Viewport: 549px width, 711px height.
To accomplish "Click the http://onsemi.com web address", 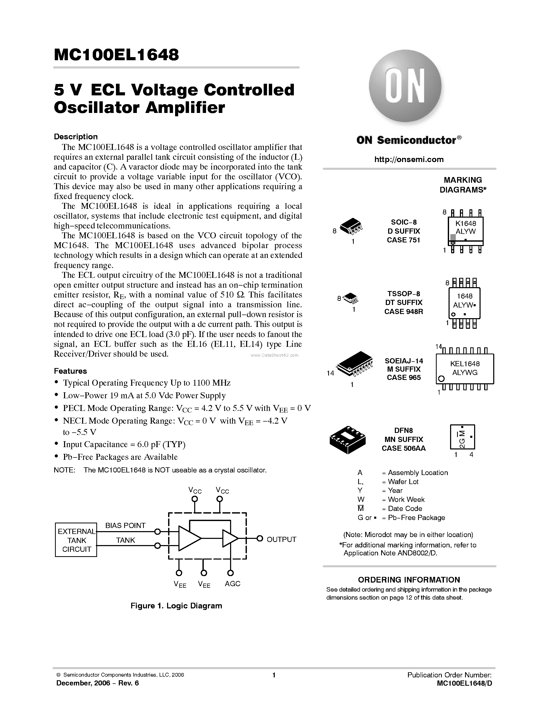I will tap(409, 159).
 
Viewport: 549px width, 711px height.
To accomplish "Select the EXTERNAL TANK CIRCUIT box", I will tap(76, 540).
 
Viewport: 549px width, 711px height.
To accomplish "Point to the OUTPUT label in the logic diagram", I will tap(281, 539).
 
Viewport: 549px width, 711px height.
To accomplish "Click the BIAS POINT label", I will tap(125, 525).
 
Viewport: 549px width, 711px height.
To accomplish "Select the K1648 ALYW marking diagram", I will tap(465, 231).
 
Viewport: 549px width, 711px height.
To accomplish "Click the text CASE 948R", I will tap(404, 311).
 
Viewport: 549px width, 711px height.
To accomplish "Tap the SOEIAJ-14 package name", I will tap(404, 361).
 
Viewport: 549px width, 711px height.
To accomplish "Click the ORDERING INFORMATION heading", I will tap(409, 580).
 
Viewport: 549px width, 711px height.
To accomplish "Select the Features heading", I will tap(70, 371).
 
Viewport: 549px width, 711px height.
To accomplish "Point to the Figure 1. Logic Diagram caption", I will tap(176, 606).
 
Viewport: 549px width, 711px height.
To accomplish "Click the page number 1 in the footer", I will tap(274, 675).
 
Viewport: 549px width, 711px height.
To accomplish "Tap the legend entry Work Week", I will tap(406, 499).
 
